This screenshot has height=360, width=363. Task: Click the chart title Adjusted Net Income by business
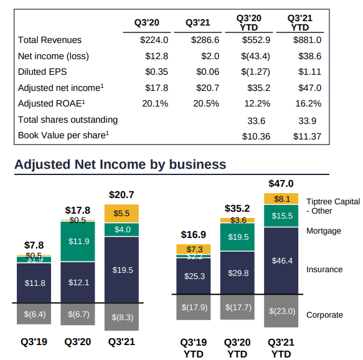point(120,164)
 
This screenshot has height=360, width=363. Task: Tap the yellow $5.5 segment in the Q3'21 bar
point(121,213)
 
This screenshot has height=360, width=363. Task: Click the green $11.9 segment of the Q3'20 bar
point(78,241)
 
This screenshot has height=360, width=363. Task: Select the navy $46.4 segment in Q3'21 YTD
point(281,260)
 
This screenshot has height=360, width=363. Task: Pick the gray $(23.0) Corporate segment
point(281,311)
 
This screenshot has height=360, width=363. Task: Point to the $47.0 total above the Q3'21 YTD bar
point(281,184)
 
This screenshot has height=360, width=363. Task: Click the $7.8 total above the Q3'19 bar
point(34,245)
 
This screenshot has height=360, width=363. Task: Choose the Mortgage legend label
point(324,231)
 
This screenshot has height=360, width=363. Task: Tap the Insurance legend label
point(324,270)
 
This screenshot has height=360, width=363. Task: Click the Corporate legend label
point(324,315)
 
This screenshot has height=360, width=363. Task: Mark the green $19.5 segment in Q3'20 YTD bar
point(237,237)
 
